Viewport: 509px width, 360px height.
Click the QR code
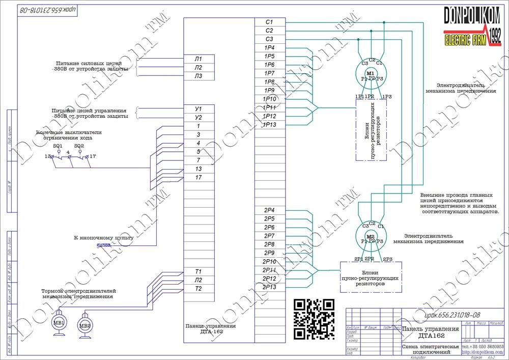tap(315, 319)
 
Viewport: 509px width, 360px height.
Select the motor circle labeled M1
tap(371, 74)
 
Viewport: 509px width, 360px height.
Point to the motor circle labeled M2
tap(370, 238)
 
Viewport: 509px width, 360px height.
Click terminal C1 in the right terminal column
tap(269, 22)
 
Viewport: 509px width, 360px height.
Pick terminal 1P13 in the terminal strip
tap(269, 124)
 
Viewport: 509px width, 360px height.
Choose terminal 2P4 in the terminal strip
tap(269, 210)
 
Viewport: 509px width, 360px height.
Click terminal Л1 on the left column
tap(199, 59)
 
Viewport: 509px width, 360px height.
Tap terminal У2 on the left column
tap(199, 118)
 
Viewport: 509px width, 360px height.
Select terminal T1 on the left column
tap(199, 271)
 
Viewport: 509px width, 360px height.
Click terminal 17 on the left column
tap(199, 177)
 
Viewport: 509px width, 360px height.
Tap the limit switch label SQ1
tap(58, 146)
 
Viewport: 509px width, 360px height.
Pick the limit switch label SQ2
tap(79, 146)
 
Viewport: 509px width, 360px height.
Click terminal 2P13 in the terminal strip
tap(269, 287)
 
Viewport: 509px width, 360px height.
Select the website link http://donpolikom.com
tap(482, 352)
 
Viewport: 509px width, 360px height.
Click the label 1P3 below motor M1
tap(387, 96)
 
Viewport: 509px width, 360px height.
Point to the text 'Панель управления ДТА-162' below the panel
tap(211, 328)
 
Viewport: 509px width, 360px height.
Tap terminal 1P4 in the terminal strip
tap(269, 47)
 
